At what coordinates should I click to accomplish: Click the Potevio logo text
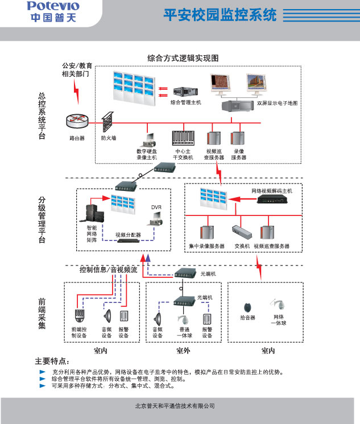[x=53, y=7]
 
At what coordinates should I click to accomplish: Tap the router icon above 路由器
[x=77, y=120]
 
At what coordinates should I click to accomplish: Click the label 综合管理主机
[x=186, y=102]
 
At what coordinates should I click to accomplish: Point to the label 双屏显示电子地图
[x=278, y=103]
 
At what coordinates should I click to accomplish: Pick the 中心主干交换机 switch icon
[x=184, y=139]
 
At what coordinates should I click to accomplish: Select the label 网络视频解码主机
[x=271, y=192]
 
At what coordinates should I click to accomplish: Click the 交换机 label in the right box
[x=242, y=246]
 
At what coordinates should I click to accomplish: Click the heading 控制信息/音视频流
[x=108, y=270]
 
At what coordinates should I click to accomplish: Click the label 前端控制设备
[x=79, y=332]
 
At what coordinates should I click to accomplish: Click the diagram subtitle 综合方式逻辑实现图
[x=183, y=58]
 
